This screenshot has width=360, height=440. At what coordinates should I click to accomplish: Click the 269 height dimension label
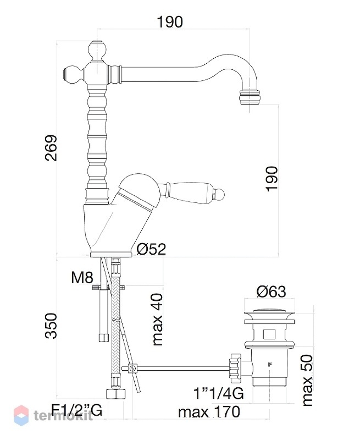[51, 148]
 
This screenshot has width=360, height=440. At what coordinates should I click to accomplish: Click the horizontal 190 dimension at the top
[170, 22]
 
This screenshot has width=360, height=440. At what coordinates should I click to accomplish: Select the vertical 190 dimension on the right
[272, 179]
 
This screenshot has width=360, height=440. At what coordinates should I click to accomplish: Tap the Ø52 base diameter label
[152, 249]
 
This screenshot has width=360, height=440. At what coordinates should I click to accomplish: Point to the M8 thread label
[82, 278]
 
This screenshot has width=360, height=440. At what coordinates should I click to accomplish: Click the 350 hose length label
[51, 326]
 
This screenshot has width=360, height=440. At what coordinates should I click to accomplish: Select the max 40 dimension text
[158, 320]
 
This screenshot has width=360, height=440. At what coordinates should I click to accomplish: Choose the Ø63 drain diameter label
[271, 292]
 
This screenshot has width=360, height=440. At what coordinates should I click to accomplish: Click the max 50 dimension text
[307, 380]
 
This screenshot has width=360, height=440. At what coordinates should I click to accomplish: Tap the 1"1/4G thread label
[219, 393]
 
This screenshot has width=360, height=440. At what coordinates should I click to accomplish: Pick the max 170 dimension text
[209, 412]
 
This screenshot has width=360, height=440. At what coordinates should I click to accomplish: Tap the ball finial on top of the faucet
[97, 50]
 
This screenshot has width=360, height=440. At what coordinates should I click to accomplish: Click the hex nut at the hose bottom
[116, 393]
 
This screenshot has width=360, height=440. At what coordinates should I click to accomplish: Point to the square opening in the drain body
[269, 334]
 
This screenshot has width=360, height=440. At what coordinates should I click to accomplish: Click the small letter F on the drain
[270, 365]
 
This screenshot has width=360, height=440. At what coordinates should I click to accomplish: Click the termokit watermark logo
[53, 415]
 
